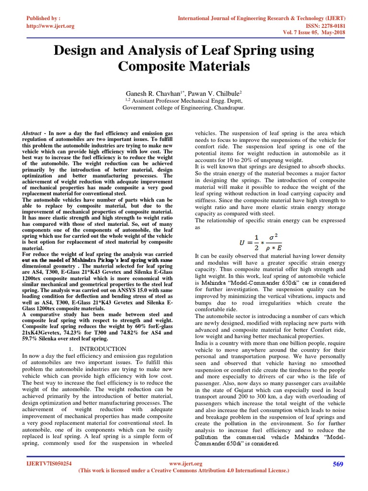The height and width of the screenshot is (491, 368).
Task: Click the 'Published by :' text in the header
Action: pyautogui.click(x=44, y=18)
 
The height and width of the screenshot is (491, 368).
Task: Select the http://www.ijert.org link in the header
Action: pyautogui.click(x=50, y=26)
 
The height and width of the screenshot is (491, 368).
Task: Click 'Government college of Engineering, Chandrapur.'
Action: pyautogui.click(x=184, y=108)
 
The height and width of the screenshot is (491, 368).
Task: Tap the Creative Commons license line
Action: pyautogui.click(x=184, y=471)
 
